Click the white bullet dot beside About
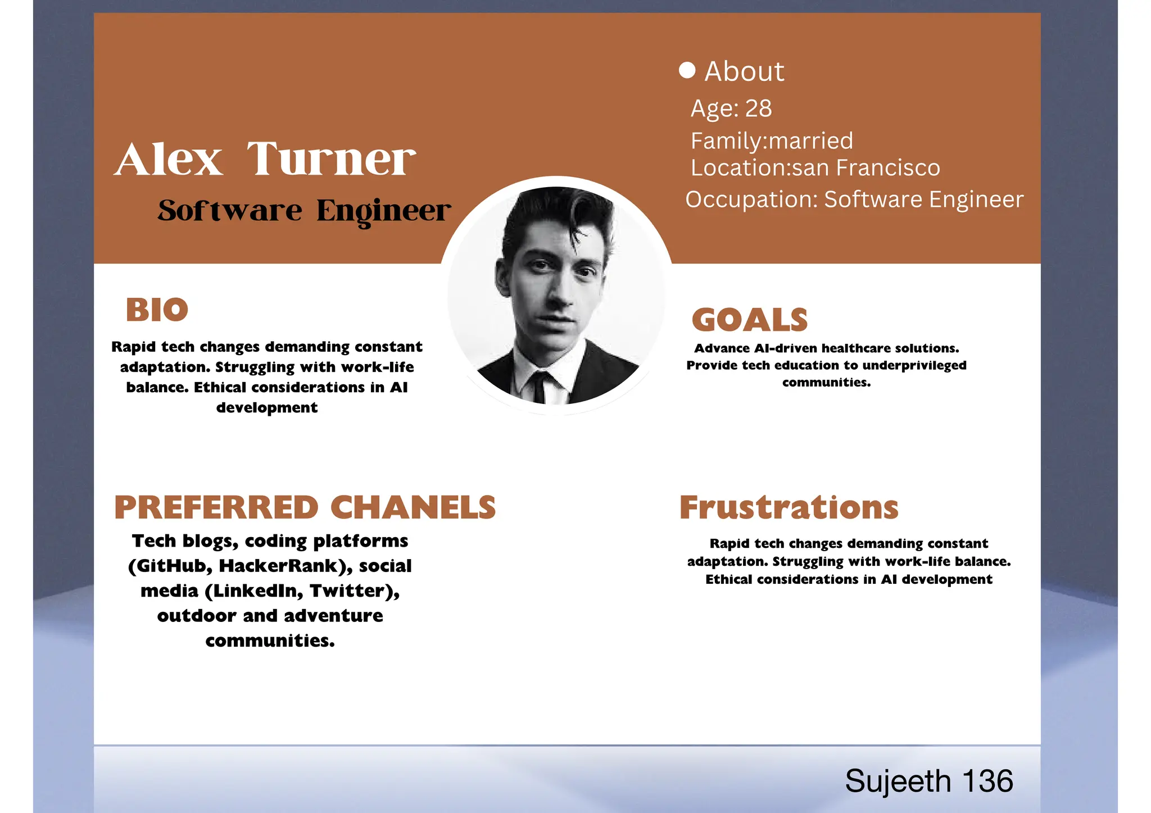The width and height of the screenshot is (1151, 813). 687,70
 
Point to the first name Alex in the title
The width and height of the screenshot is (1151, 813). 169,160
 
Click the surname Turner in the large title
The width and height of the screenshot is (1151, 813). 331,160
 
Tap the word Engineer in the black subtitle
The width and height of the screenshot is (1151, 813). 383,211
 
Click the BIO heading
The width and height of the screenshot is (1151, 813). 157,310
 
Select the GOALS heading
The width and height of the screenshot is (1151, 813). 749,320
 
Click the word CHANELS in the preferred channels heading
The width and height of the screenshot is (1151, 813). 413,507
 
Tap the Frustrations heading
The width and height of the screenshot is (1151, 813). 789,507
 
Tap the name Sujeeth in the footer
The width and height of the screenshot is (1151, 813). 898,781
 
